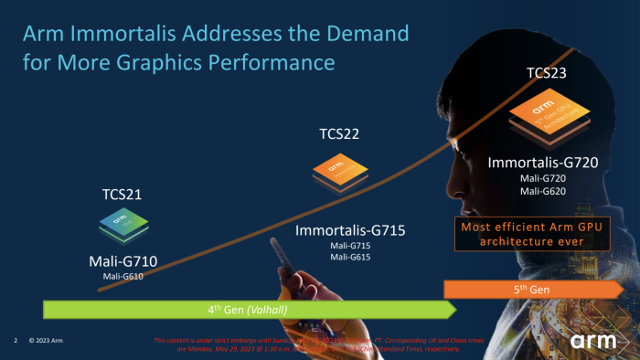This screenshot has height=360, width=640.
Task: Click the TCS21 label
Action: (x=122, y=195)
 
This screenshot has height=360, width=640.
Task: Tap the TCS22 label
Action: (x=339, y=134)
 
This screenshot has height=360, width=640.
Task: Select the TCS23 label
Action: (x=547, y=72)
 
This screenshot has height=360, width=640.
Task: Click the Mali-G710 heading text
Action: (x=123, y=262)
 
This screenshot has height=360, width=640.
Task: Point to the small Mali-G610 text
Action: (x=123, y=276)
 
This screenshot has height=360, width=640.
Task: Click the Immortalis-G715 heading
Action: (x=350, y=230)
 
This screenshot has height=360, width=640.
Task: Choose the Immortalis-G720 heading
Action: (x=543, y=164)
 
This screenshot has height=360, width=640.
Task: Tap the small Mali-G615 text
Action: (x=350, y=257)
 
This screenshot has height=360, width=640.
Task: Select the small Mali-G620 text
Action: (x=543, y=191)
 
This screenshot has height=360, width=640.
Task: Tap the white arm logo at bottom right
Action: (x=596, y=341)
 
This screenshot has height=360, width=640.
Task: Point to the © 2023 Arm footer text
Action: (x=45, y=340)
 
